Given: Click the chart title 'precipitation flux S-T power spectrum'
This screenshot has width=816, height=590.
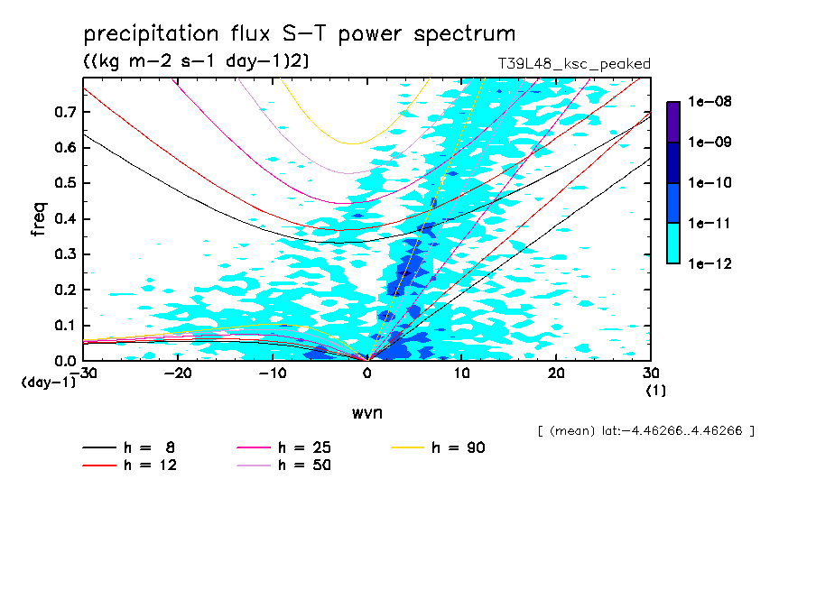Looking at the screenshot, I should click(x=300, y=34).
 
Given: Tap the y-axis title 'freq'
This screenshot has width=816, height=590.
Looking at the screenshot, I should click(x=38, y=219).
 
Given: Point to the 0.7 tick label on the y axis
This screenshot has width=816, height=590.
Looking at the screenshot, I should click(x=65, y=112).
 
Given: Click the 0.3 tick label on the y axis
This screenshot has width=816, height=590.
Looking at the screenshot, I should click(x=65, y=254).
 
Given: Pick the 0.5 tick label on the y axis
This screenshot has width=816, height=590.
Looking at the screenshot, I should click(x=65, y=183).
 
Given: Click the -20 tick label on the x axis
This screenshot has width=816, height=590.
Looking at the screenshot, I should click(x=179, y=373).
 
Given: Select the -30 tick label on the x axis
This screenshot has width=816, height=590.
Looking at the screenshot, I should click(x=85, y=373).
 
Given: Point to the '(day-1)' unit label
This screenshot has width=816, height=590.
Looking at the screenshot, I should click(x=49, y=383).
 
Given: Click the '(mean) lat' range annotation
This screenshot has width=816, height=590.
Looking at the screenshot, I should click(x=644, y=431).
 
